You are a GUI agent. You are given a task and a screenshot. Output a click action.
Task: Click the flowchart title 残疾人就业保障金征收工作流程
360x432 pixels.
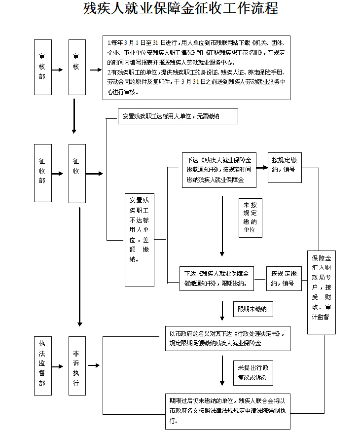(180, 9)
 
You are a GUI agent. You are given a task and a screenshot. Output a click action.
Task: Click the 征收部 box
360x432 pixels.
(42, 173)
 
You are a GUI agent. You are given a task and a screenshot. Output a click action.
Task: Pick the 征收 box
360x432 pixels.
(77, 173)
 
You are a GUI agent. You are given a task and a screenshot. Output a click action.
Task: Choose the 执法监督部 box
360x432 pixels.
(42, 365)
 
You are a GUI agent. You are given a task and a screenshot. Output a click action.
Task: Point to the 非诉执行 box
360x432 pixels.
(77, 365)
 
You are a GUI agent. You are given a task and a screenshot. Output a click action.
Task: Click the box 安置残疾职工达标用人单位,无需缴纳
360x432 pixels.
(178, 116)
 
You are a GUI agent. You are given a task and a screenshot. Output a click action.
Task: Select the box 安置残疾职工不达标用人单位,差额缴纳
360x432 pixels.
(139, 240)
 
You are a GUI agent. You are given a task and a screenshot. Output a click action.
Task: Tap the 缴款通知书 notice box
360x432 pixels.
(219, 170)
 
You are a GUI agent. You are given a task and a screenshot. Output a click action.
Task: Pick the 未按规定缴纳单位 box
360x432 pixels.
(250, 217)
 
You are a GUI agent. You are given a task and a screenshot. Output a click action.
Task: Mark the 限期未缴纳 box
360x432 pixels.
(252, 309)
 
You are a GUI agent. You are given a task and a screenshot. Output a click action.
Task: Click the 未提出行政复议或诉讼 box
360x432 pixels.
(252, 373)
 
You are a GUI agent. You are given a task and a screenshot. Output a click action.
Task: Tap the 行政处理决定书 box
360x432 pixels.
(227, 338)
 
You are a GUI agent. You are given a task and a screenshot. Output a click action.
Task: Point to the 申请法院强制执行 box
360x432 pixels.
(227, 411)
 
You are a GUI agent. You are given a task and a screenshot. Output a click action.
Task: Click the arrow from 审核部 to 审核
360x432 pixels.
(57, 70)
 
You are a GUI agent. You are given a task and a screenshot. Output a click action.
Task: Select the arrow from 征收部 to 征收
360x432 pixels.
(57, 174)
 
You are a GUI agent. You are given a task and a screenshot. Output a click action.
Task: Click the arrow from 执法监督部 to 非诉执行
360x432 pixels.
(57, 366)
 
